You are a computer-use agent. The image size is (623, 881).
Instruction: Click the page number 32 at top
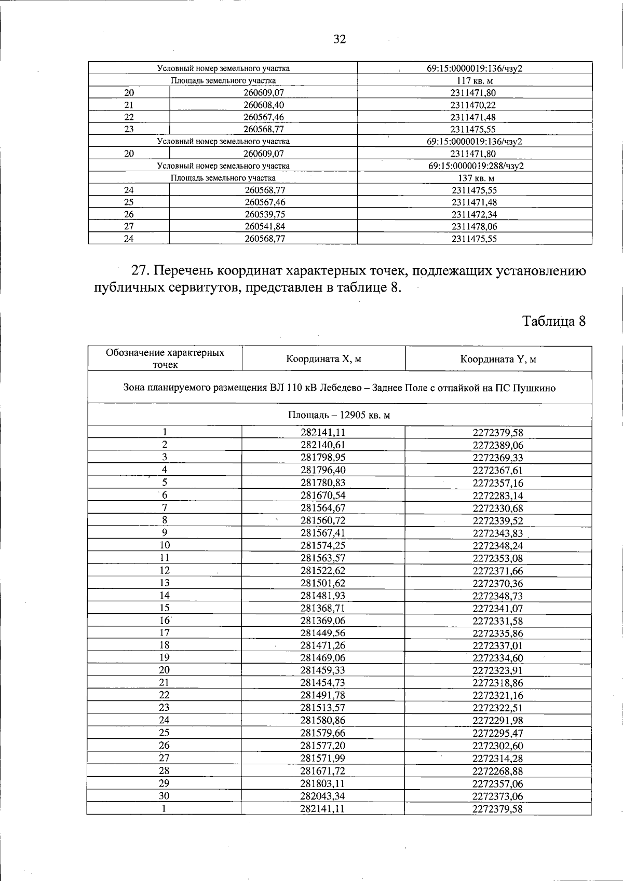pyautogui.click(x=340, y=40)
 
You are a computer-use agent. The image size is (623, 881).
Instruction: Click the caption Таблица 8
pyautogui.click(x=554, y=321)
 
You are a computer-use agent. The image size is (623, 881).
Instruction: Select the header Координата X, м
pyautogui.click(x=323, y=359)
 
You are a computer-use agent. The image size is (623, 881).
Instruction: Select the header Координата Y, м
pyautogui.click(x=498, y=359)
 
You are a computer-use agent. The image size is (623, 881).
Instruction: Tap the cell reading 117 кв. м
pyautogui.click(x=475, y=81)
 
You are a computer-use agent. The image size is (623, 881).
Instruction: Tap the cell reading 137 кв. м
pyautogui.click(x=475, y=178)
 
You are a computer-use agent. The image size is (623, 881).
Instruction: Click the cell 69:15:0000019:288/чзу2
pyautogui.click(x=475, y=166)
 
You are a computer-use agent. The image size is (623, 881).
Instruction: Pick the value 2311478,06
pyautogui.click(x=475, y=226)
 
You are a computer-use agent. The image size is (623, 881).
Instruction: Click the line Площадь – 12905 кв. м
pyautogui.click(x=339, y=416)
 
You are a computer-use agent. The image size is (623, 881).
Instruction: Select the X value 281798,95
pyautogui.click(x=323, y=458)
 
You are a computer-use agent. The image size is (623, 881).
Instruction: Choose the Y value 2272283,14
pyautogui.click(x=498, y=495)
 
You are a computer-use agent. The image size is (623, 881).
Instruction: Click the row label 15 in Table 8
pyautogui.click(x=165, y=608)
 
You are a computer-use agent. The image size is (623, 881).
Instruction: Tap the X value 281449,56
pyautogui.click(x=323, y=633)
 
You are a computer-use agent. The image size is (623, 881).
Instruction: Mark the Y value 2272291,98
pyautogui.click(x=498, y=721)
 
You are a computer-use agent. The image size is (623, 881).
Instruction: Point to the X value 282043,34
pyautogui.click(x=323, y=796)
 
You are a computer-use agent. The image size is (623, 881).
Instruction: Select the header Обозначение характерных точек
pyautogui.click(x=165, y=359)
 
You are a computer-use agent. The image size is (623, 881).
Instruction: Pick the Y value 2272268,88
pyautogui.click(x=498, y=771)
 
